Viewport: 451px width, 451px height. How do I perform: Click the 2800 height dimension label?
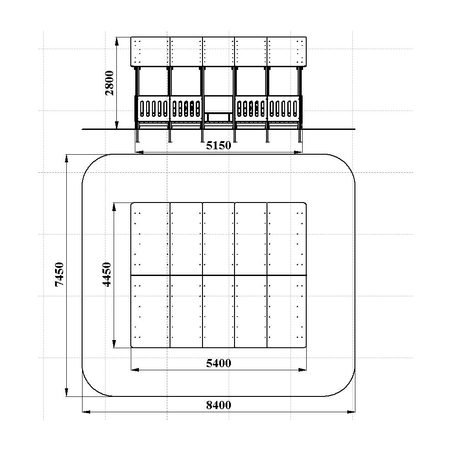(110, 83)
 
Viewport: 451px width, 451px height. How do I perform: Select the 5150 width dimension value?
(219, 146)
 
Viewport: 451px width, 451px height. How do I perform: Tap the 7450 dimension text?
(59, 274)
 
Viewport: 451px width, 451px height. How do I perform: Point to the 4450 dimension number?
(107, 274)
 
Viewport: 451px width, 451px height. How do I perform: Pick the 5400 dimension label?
(219, 363)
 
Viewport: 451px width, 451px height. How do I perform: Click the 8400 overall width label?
(219, 405)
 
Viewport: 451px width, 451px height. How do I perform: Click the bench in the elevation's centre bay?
(219, 117)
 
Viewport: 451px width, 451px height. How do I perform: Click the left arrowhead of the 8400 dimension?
(87, 412)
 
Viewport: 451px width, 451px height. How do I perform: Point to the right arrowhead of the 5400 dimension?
(302, 370)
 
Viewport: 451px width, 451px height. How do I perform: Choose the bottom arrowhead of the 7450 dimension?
(66, 392)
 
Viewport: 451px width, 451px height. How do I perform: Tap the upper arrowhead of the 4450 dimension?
(114, 207)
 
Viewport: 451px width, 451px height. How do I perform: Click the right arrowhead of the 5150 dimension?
(298, 152)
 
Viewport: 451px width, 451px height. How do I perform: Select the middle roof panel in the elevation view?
(219, 52)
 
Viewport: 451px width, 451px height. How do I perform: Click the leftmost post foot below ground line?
(138, 136)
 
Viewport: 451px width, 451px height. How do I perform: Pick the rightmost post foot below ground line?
(300, 136)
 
